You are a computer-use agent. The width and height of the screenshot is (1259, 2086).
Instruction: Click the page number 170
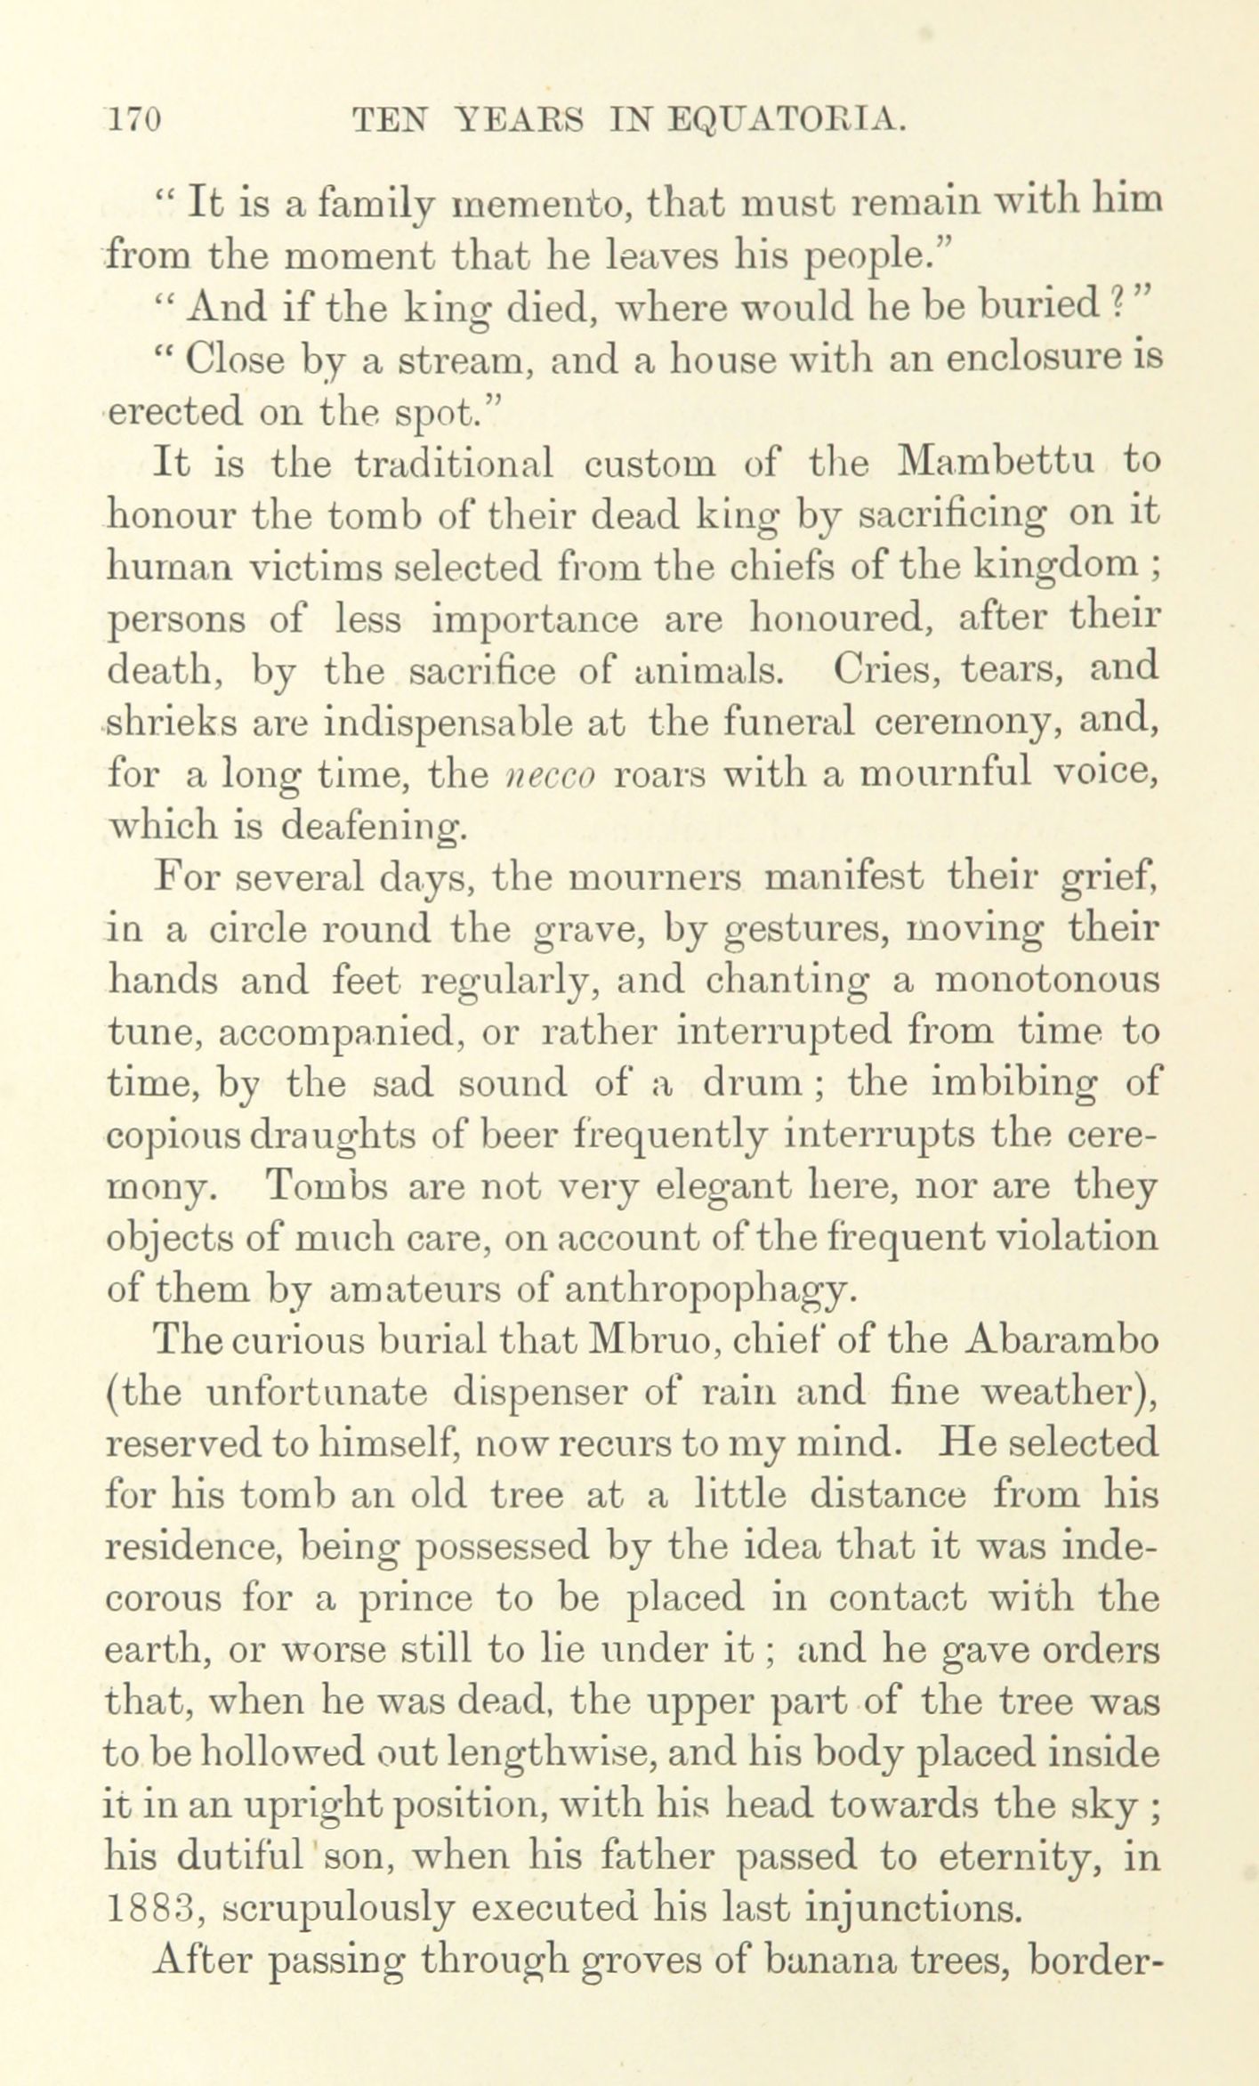pos(133,119)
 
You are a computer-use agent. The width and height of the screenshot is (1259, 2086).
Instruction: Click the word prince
pos(414,1598)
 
